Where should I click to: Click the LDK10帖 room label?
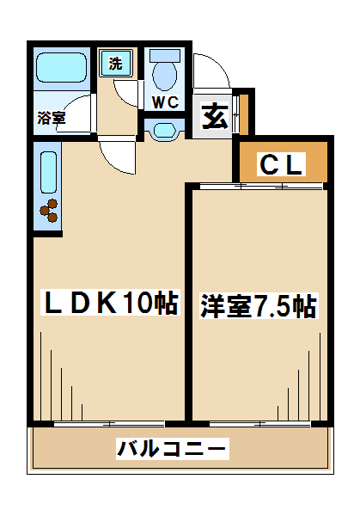(110, 302)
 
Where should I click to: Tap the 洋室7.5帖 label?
(259, 306)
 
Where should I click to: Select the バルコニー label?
(173, 448)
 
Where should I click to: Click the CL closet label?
(281, 164)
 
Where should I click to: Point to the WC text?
(165, 102)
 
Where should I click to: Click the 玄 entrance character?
(215, 116)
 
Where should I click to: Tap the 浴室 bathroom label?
(52, 118)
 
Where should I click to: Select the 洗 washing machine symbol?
(116, 63)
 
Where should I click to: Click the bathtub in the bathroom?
(62, 67)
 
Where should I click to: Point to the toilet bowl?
(165, 76)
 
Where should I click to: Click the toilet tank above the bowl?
(165, 55)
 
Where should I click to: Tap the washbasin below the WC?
(164, 131)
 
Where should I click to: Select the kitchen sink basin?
(49, 172)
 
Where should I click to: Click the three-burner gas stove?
(49, 211)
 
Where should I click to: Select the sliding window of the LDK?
(109, 423)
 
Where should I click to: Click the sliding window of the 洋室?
(259, 423)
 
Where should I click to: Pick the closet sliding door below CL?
(262, 186)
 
